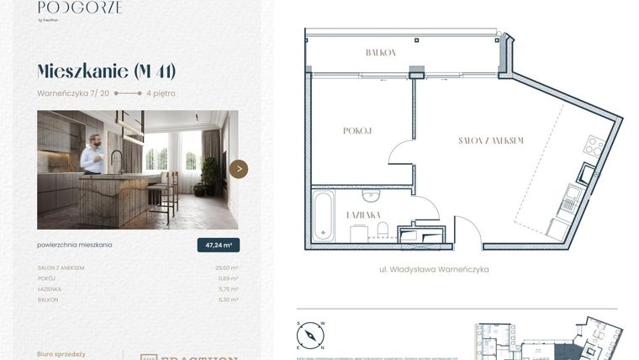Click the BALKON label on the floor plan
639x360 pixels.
[x=380, y=52]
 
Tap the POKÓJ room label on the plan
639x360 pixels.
[x=357, y=130]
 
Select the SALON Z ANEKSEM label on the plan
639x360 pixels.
[x=492, y=140]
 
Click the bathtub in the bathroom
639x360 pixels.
[x=322, y=216]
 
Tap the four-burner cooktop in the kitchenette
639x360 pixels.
[x=594, y=146]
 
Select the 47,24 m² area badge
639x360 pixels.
[x=218, y=245]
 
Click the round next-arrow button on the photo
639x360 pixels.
[x=239, y=169]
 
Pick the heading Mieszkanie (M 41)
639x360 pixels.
[x=107, y=71]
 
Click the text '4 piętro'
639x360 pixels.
[x=161, y=93]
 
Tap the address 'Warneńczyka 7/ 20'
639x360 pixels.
[x=73, y=93]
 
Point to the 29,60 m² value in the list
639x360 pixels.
[x=227, y=267]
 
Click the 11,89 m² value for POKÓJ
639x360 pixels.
[x=228, y=278]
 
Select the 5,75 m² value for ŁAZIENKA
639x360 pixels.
[x=229, y=289]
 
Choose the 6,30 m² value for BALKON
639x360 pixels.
[x=229, y=299]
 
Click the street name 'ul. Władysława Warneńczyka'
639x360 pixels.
[x=434, y=270]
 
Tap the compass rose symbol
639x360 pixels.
[x=309, y=336]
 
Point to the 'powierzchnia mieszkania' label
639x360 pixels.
[x=75, y=245]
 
